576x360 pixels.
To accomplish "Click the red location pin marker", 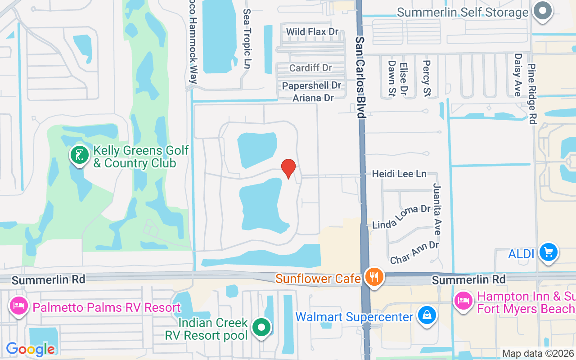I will (x=288, y=169).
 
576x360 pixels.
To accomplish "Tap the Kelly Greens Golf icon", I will (x=80, y=156).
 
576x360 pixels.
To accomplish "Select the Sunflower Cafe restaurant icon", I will (x=373, y=278).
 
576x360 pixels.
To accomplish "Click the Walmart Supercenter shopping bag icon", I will (x=425, y=316).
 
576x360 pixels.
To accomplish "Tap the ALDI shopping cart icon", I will (x=548, y=253).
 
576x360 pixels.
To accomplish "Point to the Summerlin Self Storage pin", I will (x=543, y=11).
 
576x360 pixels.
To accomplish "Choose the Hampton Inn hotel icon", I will (x=463, y=301).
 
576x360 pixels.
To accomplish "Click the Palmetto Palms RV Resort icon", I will (x=19, y=307).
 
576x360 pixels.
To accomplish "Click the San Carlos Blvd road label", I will (x=360, y=77).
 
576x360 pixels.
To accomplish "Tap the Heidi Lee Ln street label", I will (x=399, y=174).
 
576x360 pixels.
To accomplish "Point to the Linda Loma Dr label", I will (x=401, y=216).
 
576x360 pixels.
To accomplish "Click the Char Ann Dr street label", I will (x=414, y=252).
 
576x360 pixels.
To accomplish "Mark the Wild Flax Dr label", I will (x=312, y=31).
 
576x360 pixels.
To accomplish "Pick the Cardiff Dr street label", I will (x=310, y=68).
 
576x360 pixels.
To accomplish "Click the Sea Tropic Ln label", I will (x=247, y=39).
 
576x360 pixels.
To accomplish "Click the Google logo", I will (x=31, y=349).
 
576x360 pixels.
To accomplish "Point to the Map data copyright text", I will (x=538, y=353).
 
